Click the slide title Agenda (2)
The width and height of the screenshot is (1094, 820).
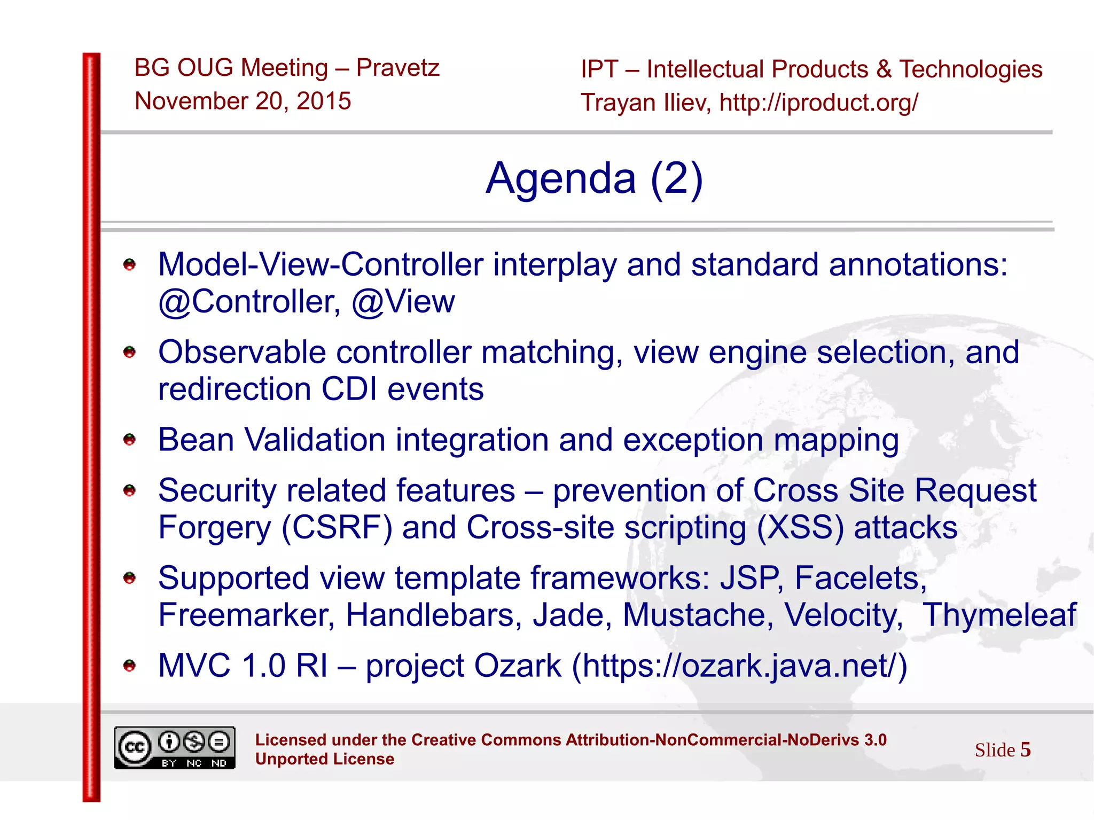point(594,178)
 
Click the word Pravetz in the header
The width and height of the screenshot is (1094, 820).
point(397,68)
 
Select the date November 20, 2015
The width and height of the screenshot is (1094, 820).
point(243,101)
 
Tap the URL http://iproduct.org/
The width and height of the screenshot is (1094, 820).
point(818,103)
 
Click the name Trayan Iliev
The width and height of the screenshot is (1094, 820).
point(645,103)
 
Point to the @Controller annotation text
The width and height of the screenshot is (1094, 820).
point(249,302)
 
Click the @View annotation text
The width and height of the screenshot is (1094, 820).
point(403,302)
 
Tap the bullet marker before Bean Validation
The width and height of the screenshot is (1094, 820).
point(129,440)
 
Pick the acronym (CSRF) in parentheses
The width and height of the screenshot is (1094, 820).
point(337,528)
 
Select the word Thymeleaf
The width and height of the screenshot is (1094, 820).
point(999,615)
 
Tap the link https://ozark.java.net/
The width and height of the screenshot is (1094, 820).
point(739,666)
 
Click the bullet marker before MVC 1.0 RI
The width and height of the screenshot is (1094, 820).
point(129,666)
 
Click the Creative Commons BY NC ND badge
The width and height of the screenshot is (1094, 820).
point(175,748)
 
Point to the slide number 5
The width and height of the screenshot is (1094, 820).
point(1025,749)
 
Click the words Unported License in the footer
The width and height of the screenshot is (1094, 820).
point(324,759)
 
